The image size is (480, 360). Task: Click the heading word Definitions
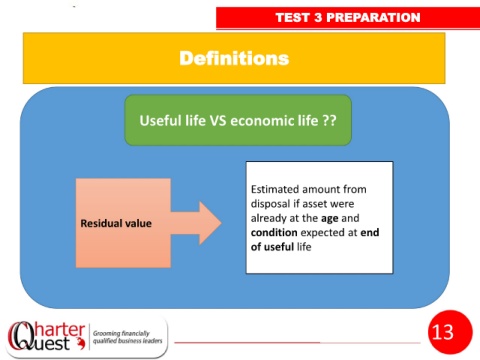tap(234, 58)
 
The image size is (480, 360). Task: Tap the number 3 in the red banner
tap(318, 17)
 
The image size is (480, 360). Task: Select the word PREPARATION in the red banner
tap(373, 17)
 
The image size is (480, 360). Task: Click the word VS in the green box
tap(218, 120)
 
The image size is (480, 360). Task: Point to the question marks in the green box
tap(329, 120)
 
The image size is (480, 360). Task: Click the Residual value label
tap(116, 223)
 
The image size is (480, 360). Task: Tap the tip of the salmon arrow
tap(221, 223)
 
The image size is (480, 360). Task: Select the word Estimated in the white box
tap(275, 189)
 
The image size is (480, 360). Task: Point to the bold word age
tap(330, 218)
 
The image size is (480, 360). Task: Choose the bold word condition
tap(274, 232)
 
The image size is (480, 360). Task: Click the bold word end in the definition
tap(370, 232)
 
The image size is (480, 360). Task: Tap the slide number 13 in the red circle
tap(443, 332)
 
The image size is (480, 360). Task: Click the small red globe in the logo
tap(80, 343)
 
